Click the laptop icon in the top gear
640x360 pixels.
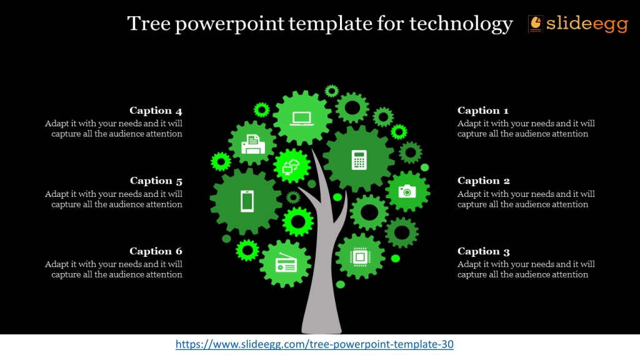pos(302,118)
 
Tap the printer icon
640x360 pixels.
pos(253,144)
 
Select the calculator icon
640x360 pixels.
pos(359,159)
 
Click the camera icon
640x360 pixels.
pos(407,191)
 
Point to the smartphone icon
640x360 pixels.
pos(247,201)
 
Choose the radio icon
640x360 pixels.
pos(286,263)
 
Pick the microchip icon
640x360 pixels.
pos(360,257)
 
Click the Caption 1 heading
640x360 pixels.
pos(483,111)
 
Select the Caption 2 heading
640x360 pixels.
pos(483,181)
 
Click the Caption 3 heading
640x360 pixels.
pos(483,251)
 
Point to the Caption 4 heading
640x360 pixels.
pos(156,111)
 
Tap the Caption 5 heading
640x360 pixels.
pos(156,181)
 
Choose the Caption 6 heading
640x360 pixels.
pos(156,251)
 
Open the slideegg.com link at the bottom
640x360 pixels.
pos(314,344)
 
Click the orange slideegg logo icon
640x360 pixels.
pos(535,24)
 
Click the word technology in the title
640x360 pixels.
pos(461,24)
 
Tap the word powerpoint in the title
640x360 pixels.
pos(229,24)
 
